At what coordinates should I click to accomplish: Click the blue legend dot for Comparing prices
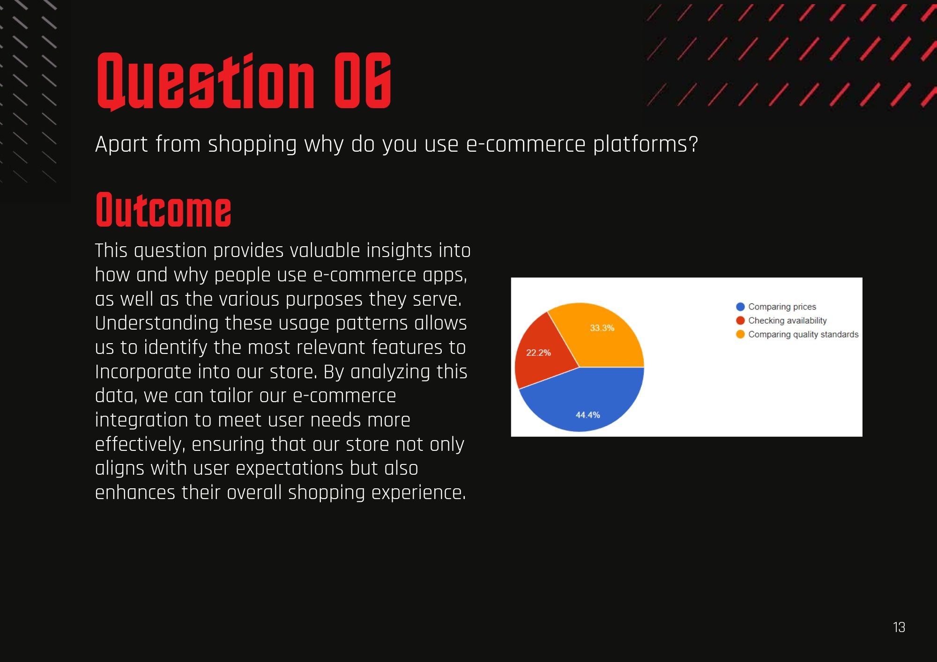740,307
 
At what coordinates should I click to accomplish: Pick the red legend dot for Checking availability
740,321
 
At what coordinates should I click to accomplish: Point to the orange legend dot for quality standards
740,334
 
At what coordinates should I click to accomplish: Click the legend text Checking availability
787,321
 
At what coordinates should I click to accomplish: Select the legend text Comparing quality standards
803,334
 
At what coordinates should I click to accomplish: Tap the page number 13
899,627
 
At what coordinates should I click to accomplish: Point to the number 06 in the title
363,81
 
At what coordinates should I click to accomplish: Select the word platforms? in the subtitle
646,144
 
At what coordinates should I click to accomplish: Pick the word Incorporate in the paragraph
143,372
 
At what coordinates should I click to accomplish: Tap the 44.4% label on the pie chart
587,415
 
